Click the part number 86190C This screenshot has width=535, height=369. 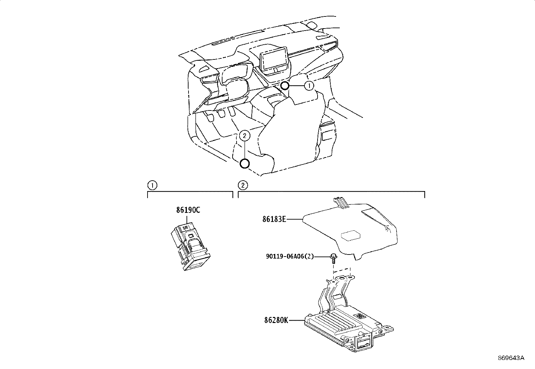tap(188, 210)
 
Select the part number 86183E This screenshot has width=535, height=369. tap(274, 219)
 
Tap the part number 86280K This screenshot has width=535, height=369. tap(276, 320)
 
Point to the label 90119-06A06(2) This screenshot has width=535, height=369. tap(290, 257)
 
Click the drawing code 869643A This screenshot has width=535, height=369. tap(511, 358)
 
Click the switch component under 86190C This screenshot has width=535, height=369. tap(190, 246)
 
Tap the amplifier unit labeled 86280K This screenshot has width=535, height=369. tap(349, 315)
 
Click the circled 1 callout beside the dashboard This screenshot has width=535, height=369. tap(309, 85)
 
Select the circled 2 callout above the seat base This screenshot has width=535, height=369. tap(244, 136)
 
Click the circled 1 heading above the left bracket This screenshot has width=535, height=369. tap(152, 185)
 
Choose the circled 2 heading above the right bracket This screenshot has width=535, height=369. tap(243, 185)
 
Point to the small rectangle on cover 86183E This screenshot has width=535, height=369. tap(351, 236)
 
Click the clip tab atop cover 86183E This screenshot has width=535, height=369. tap(341, 202)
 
